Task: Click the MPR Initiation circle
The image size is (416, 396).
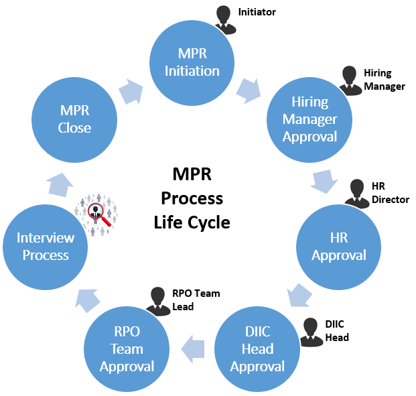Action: [192, 62]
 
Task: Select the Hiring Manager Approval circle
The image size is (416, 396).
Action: [309, 119]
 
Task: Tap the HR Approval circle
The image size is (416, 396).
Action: [338, 247]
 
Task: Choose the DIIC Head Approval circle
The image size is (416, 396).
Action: [257, 348]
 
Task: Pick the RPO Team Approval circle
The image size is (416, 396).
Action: [127, 348]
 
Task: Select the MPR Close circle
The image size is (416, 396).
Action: [74, 119]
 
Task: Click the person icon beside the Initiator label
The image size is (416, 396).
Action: [226, 20]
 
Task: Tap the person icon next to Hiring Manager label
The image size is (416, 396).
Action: [349, 80]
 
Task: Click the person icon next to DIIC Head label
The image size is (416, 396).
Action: [310, 331]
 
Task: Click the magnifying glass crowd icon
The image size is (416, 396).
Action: [98, 210]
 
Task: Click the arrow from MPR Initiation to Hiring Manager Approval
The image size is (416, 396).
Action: [249, 90]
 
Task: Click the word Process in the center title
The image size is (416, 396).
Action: [193, 199]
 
